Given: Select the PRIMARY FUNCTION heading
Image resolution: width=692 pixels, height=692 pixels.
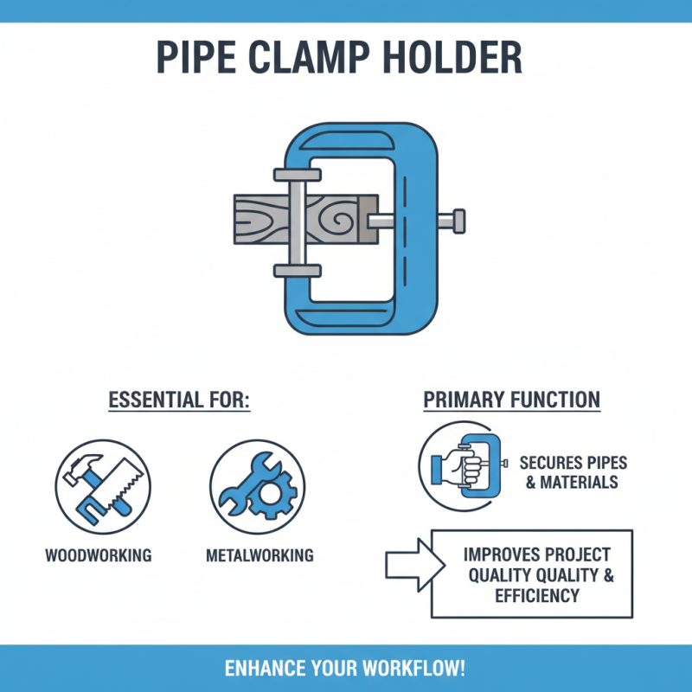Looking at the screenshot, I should point(511,400).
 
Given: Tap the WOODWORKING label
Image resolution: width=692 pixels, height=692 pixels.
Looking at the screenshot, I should point(98,554).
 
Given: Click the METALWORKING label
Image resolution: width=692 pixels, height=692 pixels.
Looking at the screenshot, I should point(259,554).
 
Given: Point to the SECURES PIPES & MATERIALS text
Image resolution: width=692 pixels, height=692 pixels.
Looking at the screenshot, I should point(573,471).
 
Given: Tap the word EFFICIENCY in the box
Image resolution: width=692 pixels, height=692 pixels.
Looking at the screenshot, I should point(536,596).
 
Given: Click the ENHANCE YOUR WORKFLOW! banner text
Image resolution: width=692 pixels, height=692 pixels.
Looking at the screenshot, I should point(345,668).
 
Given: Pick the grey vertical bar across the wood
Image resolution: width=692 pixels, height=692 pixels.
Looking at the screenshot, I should point(297,220).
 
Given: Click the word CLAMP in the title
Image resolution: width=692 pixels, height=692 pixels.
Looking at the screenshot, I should point(319,57).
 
